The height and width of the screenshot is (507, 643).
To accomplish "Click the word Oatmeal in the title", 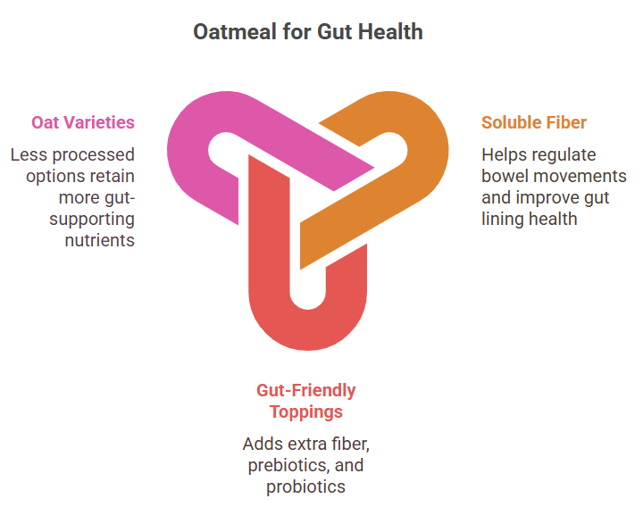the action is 235,31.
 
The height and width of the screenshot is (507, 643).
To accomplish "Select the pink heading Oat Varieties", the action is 83,122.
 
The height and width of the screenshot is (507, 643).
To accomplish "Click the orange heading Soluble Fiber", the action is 533,122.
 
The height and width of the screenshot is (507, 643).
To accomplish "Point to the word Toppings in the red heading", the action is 306,412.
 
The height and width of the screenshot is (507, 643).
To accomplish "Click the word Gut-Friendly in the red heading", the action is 306,390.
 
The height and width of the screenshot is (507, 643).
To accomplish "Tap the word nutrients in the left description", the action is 100,240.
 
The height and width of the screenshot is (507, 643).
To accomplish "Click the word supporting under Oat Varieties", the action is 92,220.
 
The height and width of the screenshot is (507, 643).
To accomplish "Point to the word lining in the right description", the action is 502,220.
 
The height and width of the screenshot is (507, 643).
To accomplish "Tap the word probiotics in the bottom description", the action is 306,487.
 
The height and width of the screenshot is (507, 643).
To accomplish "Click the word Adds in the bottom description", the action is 259,444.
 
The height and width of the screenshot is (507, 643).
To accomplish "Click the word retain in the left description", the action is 115,177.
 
